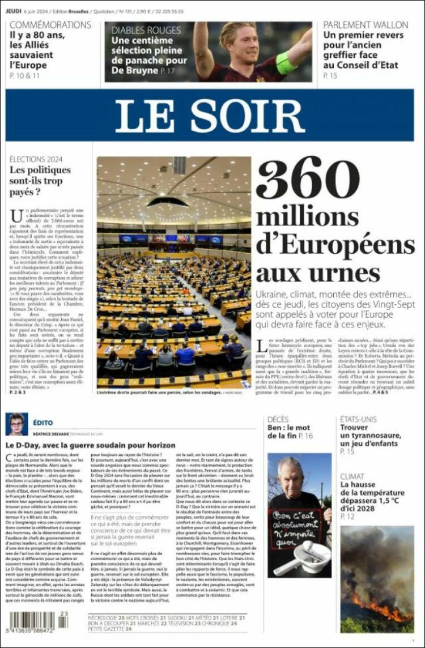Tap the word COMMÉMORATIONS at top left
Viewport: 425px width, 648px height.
[50, 25]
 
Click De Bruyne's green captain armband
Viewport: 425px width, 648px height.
[286, 63]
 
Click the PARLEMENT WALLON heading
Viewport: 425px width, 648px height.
[365, 25]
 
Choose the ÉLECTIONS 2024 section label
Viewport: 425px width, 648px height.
[36, 159]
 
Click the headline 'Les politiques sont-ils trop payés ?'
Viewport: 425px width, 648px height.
[40, 181]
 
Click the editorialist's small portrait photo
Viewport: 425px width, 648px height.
[16, 424]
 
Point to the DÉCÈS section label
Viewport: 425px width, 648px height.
[278, 419]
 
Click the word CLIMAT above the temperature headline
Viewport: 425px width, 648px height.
[352, 477]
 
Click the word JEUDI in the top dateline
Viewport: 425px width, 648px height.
[14, 11]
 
